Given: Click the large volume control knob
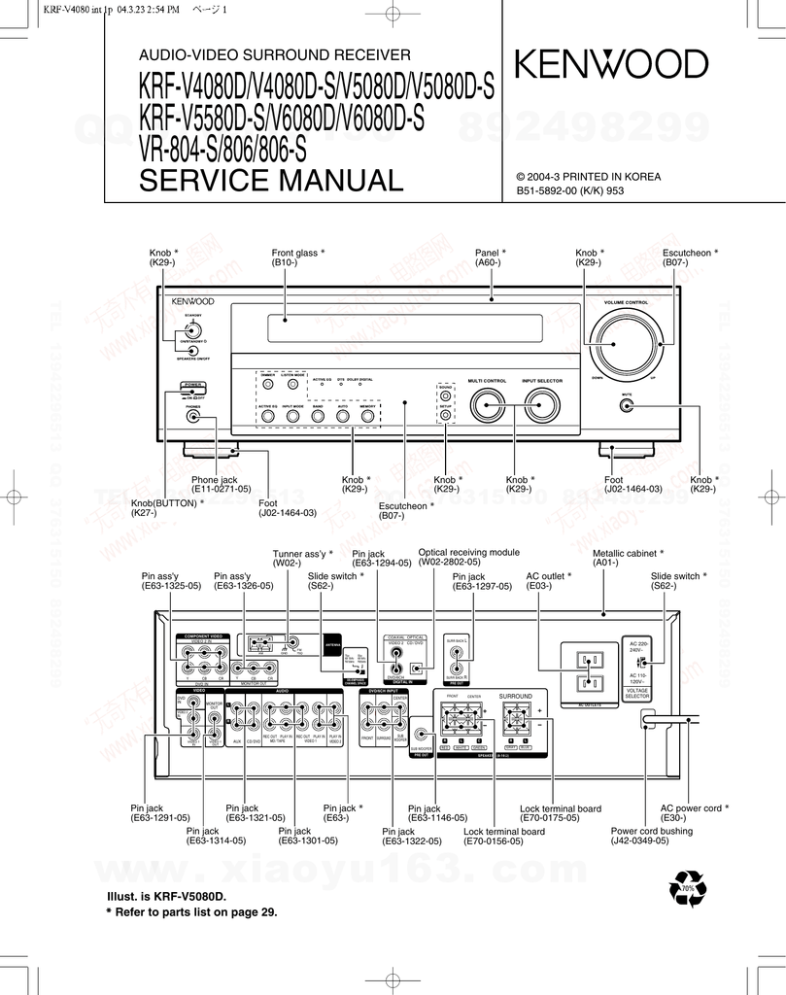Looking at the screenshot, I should click(622, 344).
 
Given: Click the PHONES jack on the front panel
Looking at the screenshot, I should click(194, 417).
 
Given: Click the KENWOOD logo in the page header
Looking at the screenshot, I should click(611, 65).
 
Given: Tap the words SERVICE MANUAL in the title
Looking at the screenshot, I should click(270, 180).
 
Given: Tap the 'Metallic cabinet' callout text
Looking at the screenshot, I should click(628, 557).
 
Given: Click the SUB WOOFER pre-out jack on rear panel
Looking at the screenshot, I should click(421, 738).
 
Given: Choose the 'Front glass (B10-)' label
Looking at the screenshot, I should click(297, 257).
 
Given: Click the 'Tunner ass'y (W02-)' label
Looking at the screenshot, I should click(302, 558).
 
